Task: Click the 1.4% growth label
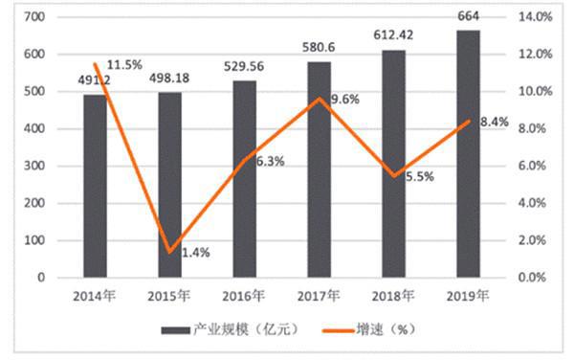pyautogui.click(x=194, y=253)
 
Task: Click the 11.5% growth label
pyautogui.click(x=124, y=65)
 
